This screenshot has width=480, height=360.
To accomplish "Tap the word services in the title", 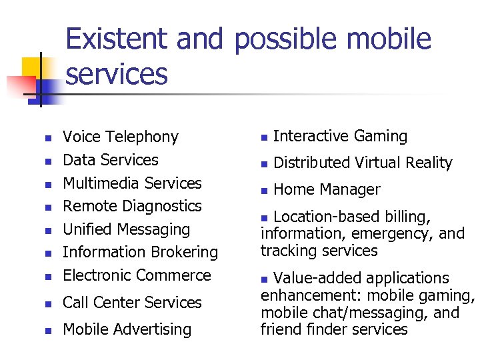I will coord(117,74).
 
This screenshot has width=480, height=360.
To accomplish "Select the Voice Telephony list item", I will coord(120,137).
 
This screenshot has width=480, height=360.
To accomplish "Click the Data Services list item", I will coord(110,160).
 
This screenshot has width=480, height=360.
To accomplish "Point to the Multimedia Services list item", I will coord(132,183).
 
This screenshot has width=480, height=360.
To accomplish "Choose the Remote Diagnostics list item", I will coord(132,206).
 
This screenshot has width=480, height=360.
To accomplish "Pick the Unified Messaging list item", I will coord(126,229).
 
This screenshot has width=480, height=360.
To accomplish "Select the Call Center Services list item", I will coord(132,303).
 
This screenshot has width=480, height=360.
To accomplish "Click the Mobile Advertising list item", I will coord(127,329).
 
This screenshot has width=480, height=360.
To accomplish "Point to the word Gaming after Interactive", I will coord(381,137).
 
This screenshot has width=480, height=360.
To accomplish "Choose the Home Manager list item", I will coord(327,189).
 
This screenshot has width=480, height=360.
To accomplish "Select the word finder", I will coord(321,329).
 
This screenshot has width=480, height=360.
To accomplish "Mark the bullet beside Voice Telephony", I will coord(47,139).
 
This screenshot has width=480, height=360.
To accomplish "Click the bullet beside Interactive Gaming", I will coord(264,137).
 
